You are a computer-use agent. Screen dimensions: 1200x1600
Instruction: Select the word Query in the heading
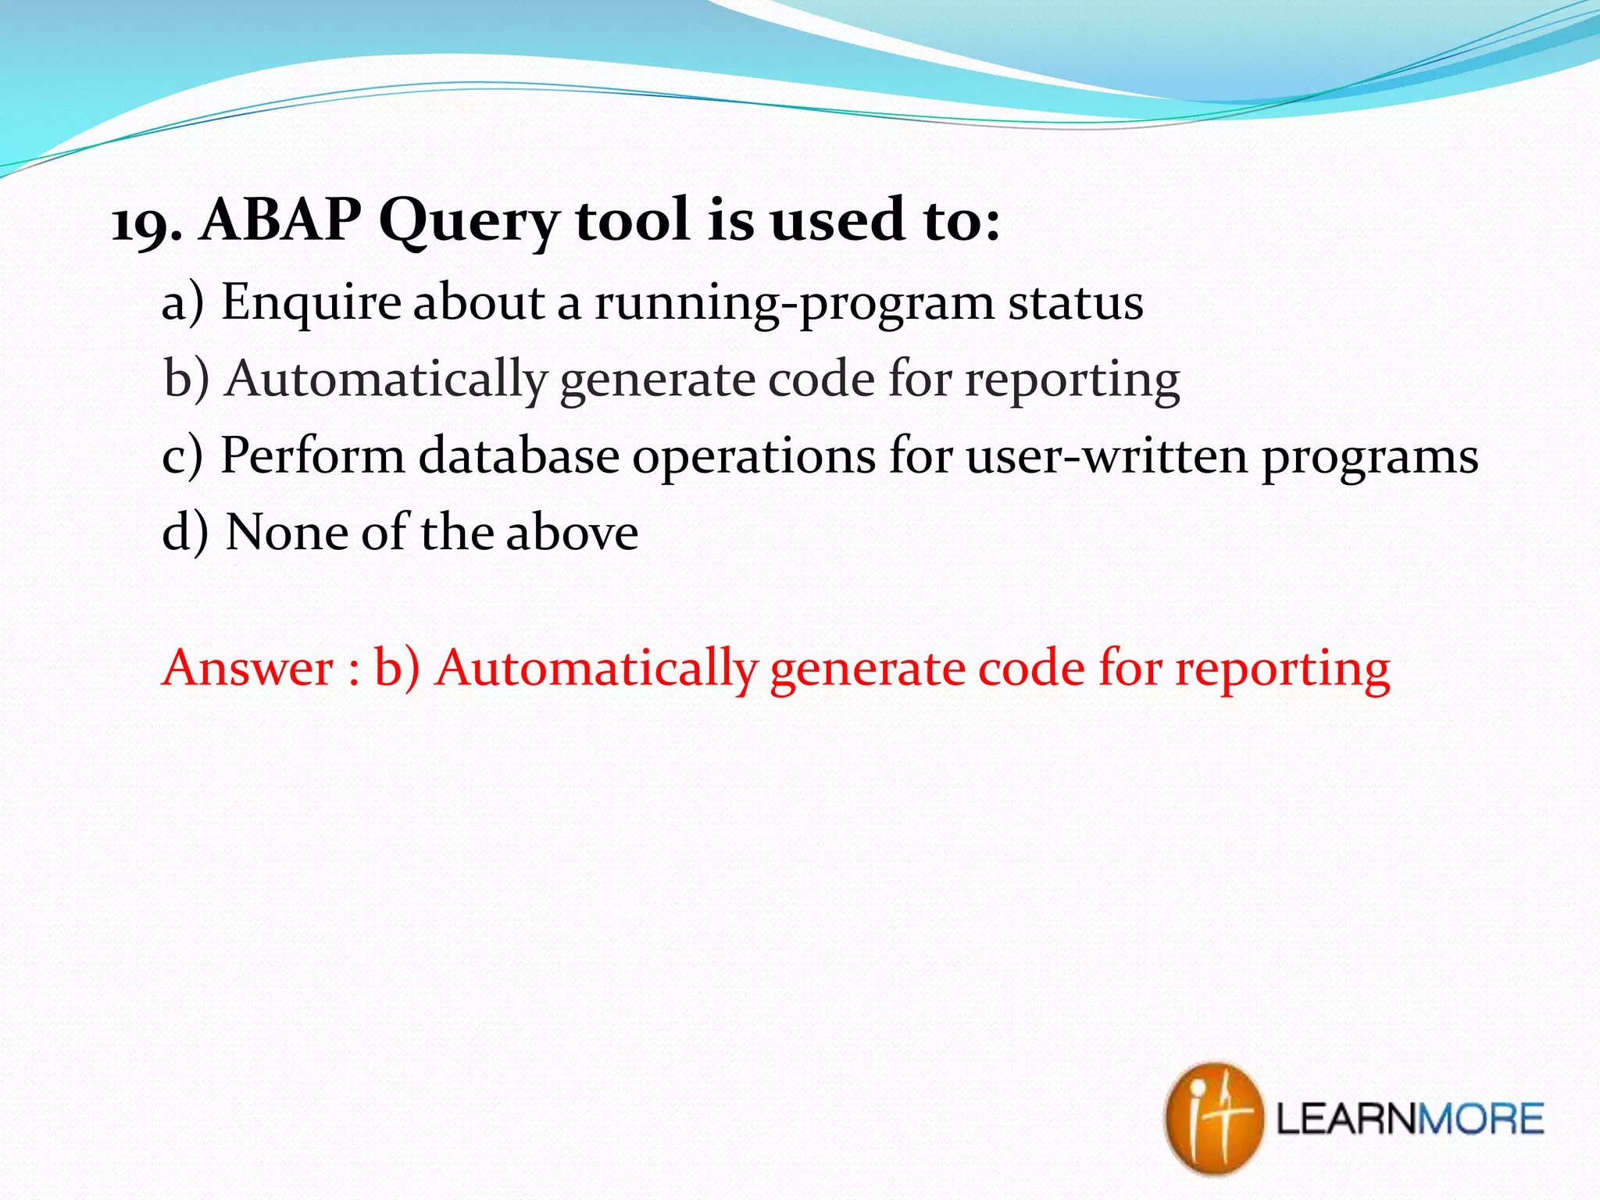(469, 223)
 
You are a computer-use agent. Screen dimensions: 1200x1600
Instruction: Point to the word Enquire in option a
(310, 303)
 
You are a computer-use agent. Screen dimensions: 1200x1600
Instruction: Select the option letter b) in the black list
(186, 378)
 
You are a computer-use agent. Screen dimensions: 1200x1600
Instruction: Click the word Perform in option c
(312, 455)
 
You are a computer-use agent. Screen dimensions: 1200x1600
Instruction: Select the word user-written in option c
(1106, 455)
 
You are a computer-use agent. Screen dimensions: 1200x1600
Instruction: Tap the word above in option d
(572, 532)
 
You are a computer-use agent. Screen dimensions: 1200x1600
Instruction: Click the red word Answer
(248, 668)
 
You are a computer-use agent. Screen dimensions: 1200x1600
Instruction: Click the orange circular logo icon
(1212, 1117)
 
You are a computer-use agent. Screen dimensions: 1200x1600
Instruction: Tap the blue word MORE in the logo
(1480, 1119)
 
